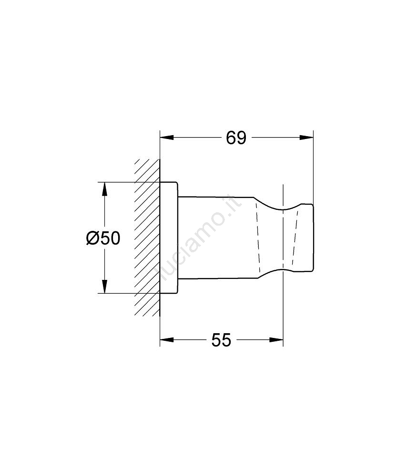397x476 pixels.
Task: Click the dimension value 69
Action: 236,138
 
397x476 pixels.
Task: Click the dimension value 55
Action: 221,340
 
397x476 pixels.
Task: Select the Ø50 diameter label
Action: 103,238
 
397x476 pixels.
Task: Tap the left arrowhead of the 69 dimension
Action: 167,138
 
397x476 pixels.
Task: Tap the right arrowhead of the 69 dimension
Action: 306,138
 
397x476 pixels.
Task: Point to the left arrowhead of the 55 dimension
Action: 167,340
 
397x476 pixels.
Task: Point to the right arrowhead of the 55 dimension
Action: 276,340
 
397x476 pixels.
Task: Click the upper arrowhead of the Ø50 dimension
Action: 104,189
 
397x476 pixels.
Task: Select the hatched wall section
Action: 147,238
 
